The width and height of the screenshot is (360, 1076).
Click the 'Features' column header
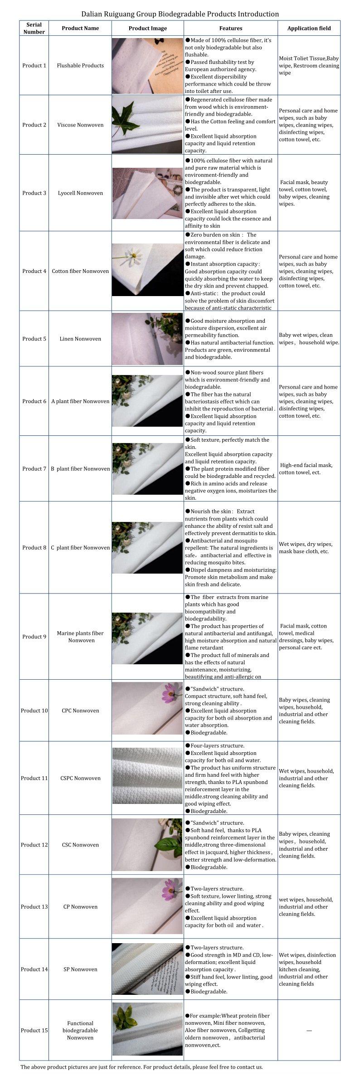[230, 28]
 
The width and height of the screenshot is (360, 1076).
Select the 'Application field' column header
[309, 28]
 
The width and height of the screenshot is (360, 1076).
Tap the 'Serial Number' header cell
[34, 28]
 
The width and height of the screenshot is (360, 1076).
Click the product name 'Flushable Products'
[80, 65]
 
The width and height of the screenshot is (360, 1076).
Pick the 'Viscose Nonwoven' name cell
[80, 125]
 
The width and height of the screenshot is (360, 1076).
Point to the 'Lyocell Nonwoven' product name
[80, 193]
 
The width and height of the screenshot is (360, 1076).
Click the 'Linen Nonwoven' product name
[80, 339]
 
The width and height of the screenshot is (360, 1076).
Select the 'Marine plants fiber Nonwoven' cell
[80, 637]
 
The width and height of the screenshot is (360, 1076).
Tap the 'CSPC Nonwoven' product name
[80, 778]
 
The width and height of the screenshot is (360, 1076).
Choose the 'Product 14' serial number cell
[34, 969]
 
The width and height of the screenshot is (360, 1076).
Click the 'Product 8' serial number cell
[34, 547]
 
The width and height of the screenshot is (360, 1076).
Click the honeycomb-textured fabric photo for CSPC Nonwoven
[147, 778]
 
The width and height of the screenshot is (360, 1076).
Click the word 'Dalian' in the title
[93, 14]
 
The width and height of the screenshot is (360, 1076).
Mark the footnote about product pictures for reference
[141, 1067]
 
